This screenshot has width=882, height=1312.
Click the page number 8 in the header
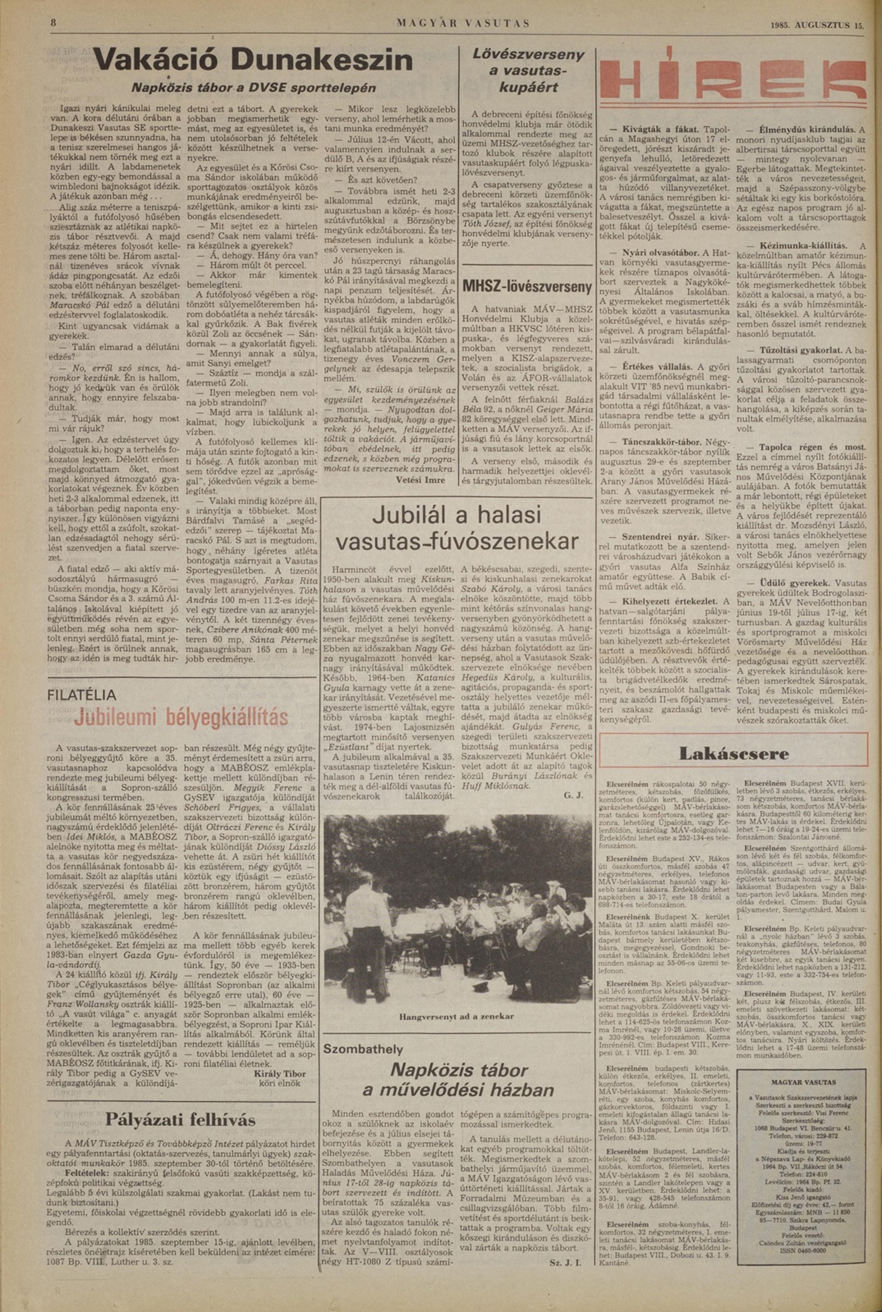click(x=53, y=24)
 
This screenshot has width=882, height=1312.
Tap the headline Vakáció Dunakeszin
click(x=253, y=60)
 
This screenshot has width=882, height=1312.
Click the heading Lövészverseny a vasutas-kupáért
click(x=529, y=71)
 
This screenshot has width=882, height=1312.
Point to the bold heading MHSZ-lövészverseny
click(x=527, y=287)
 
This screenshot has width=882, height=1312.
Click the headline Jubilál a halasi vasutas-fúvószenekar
click(x=457, y=528)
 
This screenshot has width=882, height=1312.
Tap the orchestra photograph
click(x=457, y=908)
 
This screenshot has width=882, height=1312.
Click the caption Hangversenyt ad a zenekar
click(x=457, y=1016)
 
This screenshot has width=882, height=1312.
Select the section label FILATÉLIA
click(x=81, y=695)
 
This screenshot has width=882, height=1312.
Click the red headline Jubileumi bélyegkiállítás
click(x=181, y=717)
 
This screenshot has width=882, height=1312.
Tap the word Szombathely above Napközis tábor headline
click(x=363, y=1049)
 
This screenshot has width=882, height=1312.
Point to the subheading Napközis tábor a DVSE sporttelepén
click(x=253, y=88)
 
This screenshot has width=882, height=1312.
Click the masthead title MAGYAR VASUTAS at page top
click(x=463, y=24)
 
